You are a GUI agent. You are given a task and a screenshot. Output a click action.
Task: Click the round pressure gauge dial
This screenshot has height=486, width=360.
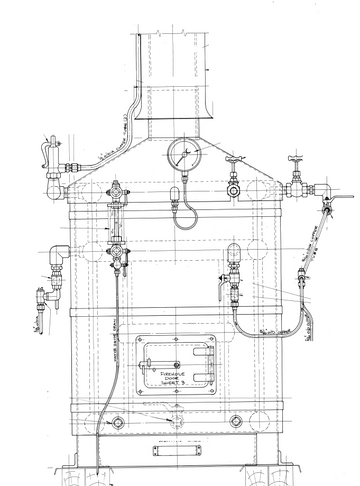click(184, 155)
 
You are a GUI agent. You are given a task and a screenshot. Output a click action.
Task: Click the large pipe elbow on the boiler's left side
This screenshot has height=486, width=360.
click(60, 262)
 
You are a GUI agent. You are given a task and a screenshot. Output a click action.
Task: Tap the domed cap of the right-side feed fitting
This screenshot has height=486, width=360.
click(235, 252)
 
